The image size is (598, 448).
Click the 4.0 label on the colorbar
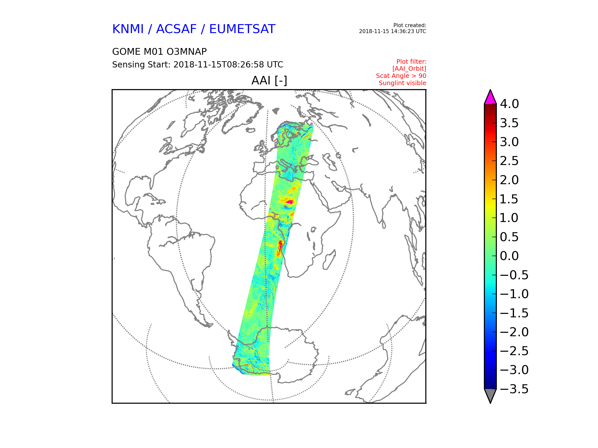point(509,104)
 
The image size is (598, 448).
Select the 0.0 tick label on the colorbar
point(509,256)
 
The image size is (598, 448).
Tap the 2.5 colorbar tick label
point(509,161)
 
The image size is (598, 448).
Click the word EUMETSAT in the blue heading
point(242,29)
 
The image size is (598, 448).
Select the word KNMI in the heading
point(128,29)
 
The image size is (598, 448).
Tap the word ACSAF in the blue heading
point(176,29)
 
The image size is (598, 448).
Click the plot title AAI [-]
point(269,80)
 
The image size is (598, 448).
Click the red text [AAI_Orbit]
point(409,69)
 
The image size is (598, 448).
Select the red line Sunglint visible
point(403,83)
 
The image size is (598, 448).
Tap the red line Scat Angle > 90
point(401,76)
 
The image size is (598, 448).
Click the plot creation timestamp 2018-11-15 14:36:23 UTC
point(392,31)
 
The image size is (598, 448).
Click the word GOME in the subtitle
point(123,52)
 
